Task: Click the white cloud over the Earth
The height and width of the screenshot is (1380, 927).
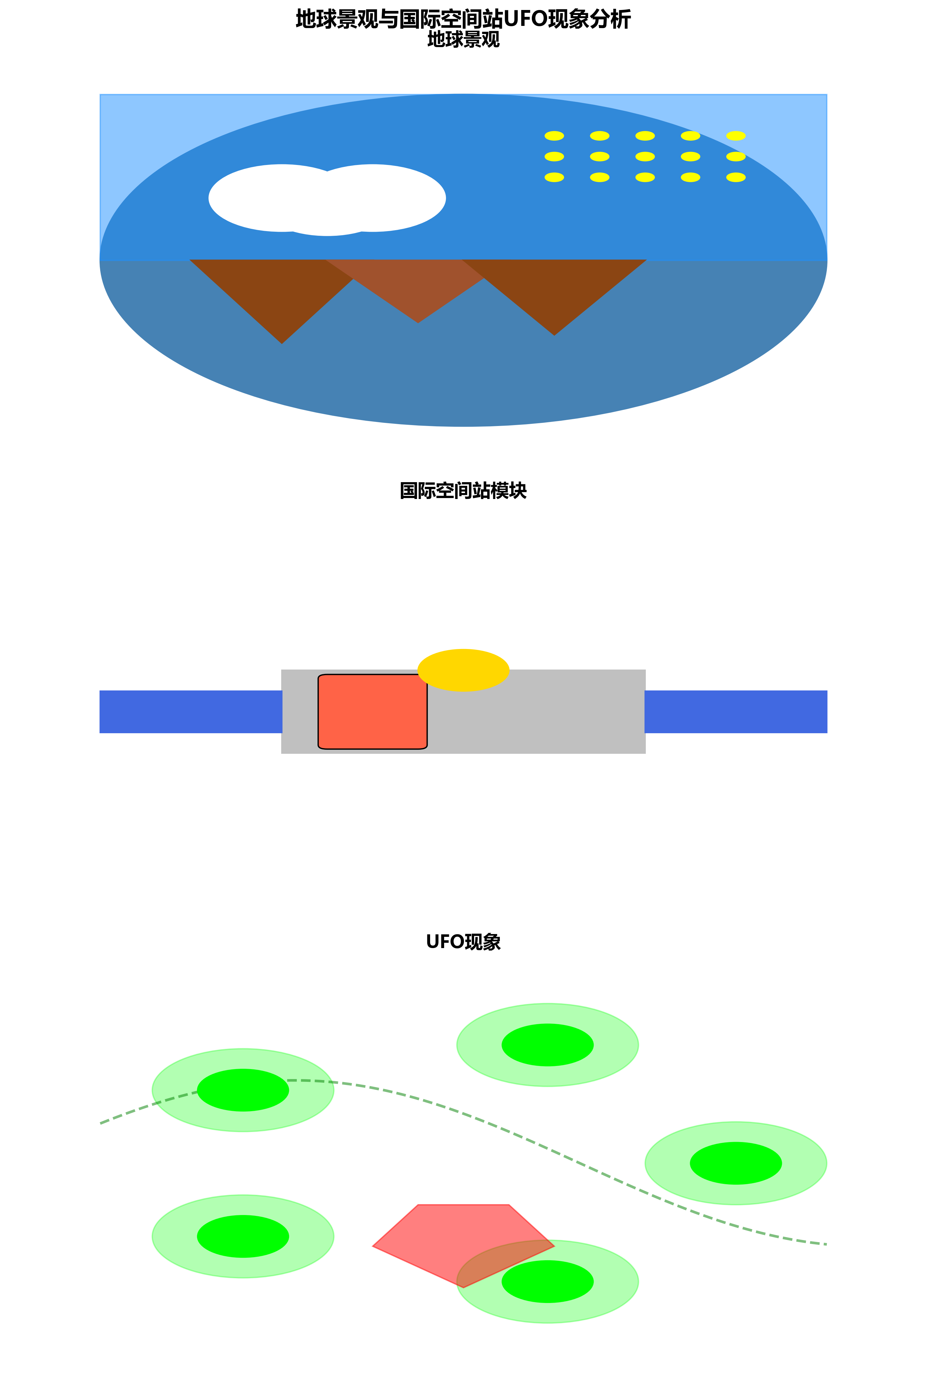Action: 327,199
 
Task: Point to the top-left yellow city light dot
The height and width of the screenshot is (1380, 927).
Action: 554,136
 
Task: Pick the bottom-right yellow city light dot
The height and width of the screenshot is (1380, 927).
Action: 735,177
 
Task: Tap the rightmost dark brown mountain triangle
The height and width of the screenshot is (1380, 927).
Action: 554,289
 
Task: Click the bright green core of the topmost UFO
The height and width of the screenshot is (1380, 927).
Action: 547,1045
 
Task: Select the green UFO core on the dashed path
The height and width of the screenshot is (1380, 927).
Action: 243,1090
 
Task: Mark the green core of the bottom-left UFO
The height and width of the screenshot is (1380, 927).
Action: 243,1237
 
